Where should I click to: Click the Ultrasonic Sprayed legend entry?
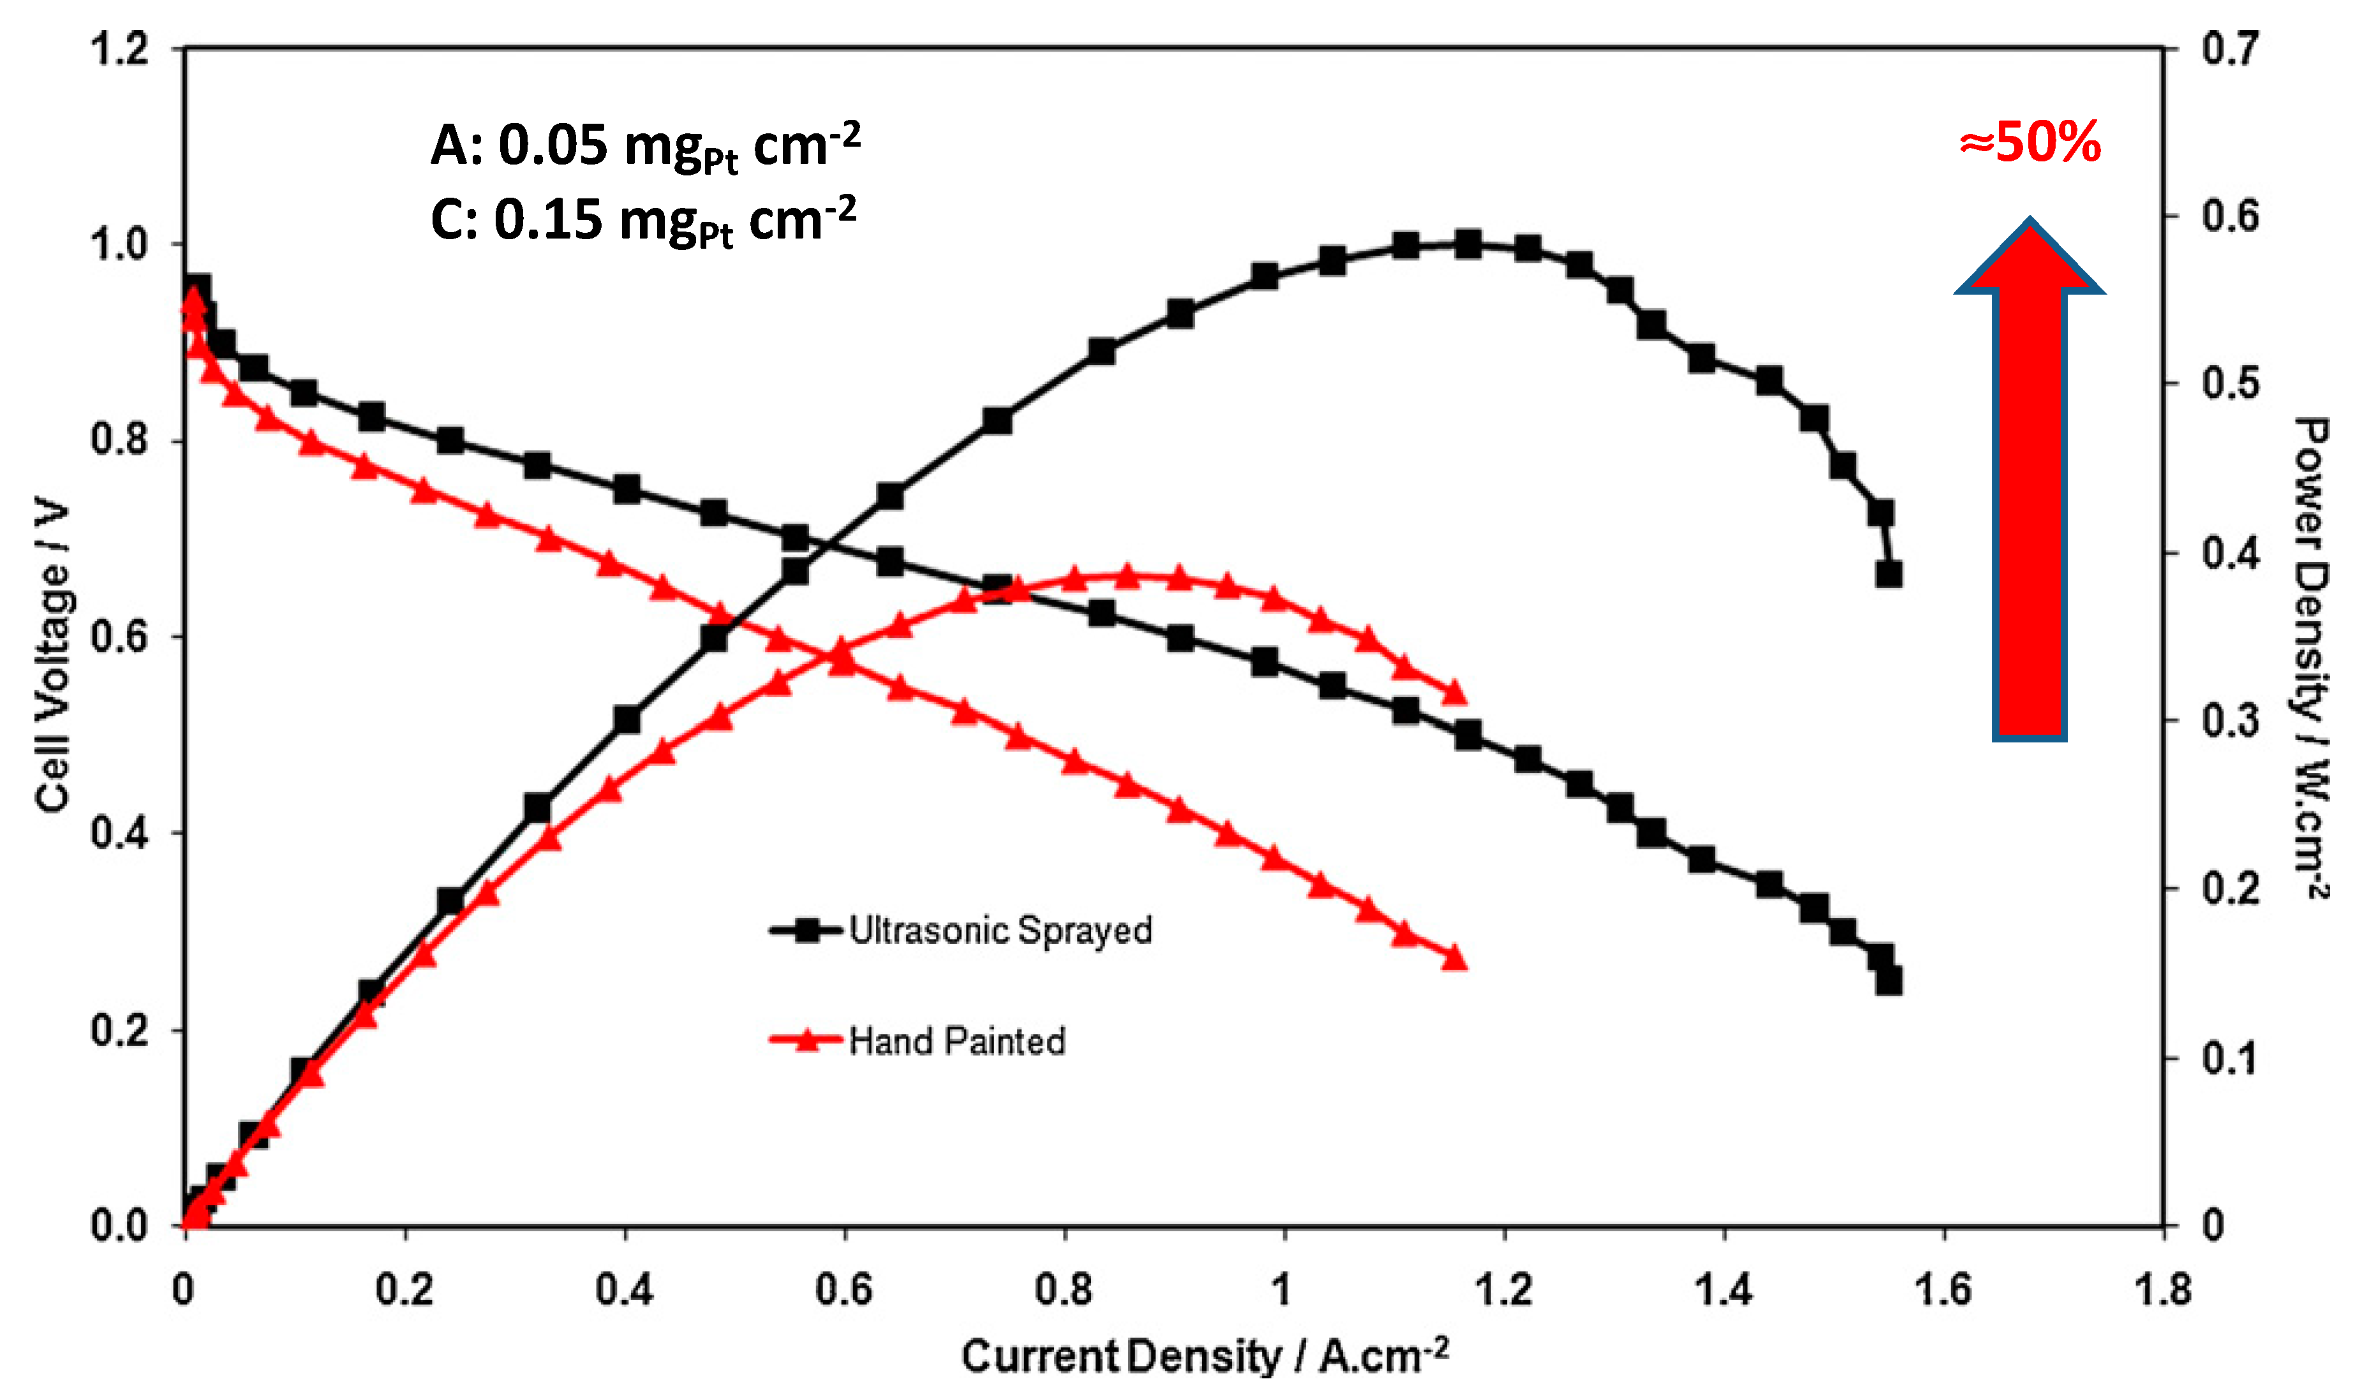click(x=962, y=931)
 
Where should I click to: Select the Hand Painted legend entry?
click(x=920, y=1042)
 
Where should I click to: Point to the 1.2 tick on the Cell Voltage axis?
click(x=120, y=49)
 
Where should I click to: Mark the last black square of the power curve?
click(x=1888, y=573)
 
